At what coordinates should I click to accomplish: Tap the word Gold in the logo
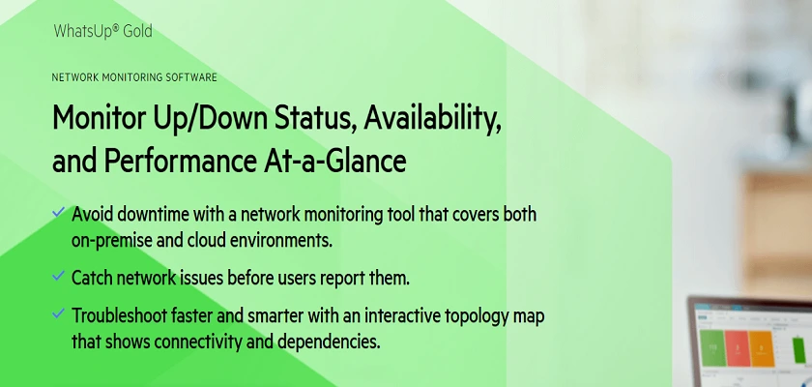(x=137, y=31)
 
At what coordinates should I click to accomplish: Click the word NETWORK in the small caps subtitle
(x=75, y=77)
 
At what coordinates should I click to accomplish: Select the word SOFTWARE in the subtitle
(x=191, y=77)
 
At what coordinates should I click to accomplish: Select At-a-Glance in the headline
(x=332, y=162)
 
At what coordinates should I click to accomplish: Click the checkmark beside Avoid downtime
(x=59, y=212)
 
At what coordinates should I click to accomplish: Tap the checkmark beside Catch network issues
(x=59, y=276)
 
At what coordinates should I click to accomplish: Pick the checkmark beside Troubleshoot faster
(x=59, y=313)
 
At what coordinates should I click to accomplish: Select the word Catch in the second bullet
(x=91, y=279)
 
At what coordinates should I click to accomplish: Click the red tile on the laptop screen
(x=738, y=348)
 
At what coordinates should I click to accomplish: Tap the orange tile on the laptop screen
(x=762, y=348)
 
